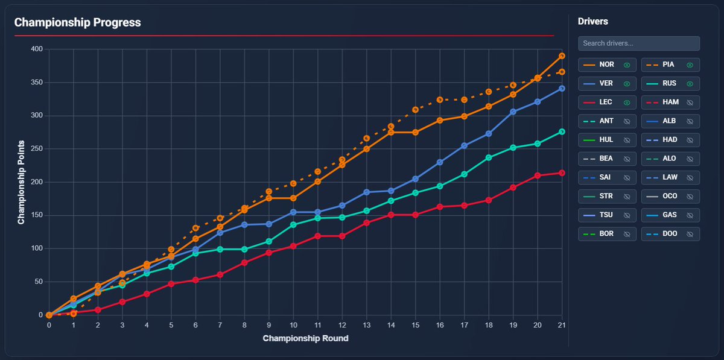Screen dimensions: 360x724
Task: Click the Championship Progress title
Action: (x=77, y=23)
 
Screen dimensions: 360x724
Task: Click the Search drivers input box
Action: (x=638, y=43)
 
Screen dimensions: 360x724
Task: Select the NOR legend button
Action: (x=607, y=65)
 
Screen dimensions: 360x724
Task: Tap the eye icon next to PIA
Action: (x=690, y=65)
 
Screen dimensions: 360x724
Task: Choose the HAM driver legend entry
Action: (x=670, y=103)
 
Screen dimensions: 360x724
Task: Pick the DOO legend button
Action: (x=670, y=233)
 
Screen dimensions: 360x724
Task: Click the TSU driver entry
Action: (x=607, y=215)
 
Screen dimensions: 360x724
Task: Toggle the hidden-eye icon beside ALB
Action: (x=690, y=121)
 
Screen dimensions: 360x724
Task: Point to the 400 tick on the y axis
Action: (x=37, y=49)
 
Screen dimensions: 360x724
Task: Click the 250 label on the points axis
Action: (x=37, y=149)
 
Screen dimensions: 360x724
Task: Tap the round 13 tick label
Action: (x=366, y=325)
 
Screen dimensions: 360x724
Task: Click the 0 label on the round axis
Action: (x=49, y=325)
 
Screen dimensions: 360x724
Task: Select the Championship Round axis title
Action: (x=305, y=338)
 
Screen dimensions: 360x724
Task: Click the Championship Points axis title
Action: (x=21, y=182)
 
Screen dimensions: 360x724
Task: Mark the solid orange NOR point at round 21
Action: (x=562, y=55)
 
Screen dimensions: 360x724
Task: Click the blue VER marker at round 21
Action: (x=562, y=88)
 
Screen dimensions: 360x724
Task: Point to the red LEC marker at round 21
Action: (x=562, y=172)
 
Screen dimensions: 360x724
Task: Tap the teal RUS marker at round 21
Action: (x=562, y=131)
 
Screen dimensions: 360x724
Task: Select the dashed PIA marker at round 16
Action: (x=439, y=99)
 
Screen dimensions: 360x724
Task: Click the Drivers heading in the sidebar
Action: (x=592, y=22)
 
